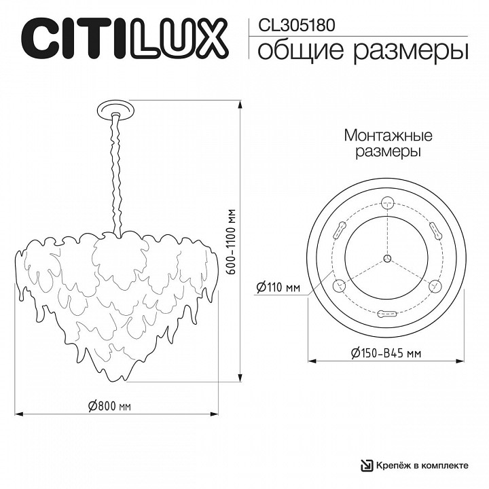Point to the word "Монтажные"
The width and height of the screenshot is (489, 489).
click(388, 136)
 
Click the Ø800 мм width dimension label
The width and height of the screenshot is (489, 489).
click(109, 406)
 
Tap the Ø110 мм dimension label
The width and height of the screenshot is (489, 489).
click(278, 288)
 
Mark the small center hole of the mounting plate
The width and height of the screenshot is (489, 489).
click(387, 257)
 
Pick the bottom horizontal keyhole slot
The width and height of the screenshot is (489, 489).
click(387, 314)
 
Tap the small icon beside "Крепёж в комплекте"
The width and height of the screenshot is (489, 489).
click(367, 465)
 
